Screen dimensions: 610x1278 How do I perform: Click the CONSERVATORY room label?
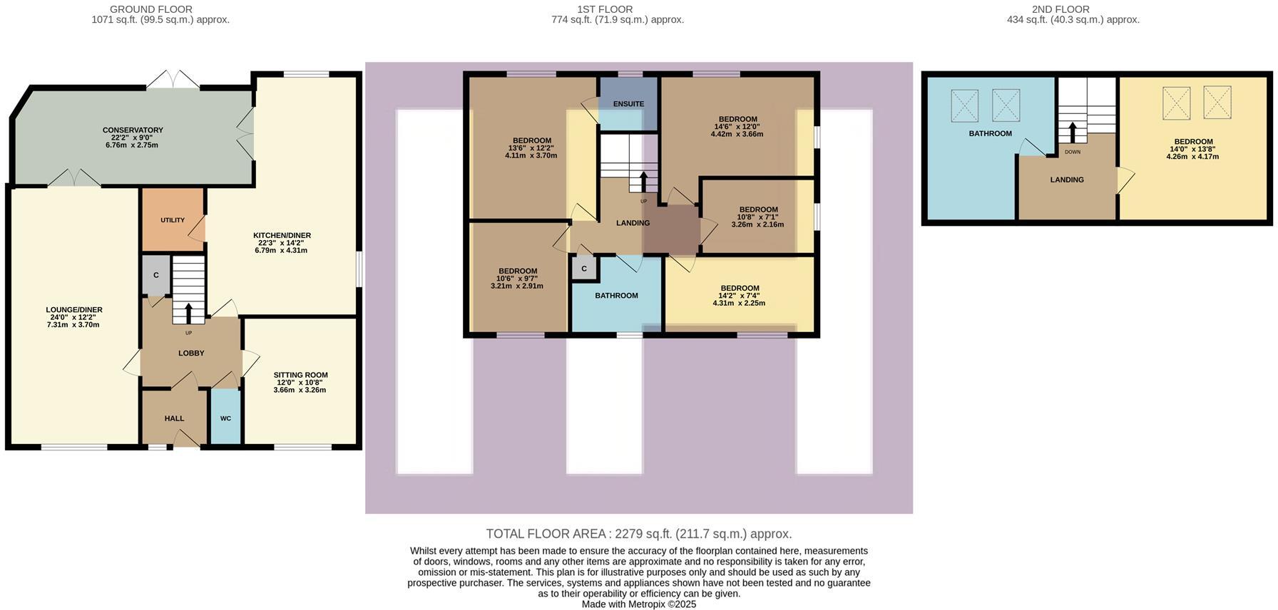point(133,130)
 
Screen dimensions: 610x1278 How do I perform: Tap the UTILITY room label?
point(173,220)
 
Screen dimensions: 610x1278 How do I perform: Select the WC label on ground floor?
point(225,418)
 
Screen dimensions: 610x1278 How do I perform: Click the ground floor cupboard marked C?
point(156,276)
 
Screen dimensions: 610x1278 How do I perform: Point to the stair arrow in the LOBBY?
point(188,313)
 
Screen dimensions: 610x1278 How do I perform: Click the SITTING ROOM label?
point(300,375)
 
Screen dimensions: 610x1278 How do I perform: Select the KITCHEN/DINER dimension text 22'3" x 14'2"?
point(282,243)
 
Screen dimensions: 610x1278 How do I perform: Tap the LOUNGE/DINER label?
point(74,310)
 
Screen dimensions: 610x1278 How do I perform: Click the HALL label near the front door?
point(174,418)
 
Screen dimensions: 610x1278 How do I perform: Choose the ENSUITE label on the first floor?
point(628,104)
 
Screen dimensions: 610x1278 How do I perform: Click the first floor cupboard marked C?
point(584,269)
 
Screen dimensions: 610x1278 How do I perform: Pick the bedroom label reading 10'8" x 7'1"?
point(757,217)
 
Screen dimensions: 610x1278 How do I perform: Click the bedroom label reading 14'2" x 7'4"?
point(739,296)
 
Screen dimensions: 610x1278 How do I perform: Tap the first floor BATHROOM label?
point(616,295)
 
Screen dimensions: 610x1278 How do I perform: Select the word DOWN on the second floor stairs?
point(1073,152)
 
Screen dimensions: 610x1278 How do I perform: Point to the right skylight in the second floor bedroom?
point(1217,102)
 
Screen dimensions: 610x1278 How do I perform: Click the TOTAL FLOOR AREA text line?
point(638,534)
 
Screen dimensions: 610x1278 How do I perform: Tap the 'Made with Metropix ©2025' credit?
point(638,604)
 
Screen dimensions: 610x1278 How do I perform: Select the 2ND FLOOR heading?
point(1060,9)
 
